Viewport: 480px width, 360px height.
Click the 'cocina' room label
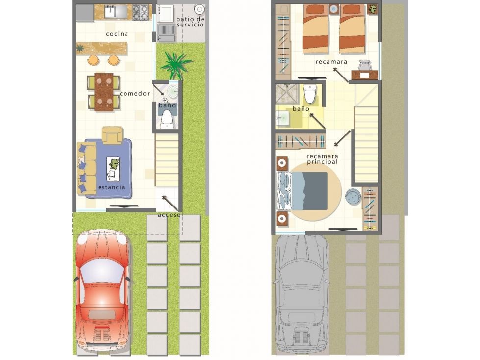tap(117, 34)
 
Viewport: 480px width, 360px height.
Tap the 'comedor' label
tap(135, 93)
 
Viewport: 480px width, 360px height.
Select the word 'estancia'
tap(111, 187)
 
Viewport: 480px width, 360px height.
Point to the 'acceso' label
tap(169, 215)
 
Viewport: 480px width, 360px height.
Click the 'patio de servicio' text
tap(190, 22)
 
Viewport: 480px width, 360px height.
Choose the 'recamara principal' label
tap(322, 159)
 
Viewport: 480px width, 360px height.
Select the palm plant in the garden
tap(176, 65)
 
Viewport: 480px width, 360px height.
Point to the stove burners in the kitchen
tap(141, 13)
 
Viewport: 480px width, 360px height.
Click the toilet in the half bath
tap(167, 119)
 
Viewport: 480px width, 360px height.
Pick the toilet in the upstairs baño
tap(310, 93)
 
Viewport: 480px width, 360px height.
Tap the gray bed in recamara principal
tap(302, 191)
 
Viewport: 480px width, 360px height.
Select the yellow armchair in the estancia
tap(113, 135)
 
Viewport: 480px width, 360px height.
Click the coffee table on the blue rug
tap(113, 169)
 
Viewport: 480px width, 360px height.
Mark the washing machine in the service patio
tap(166, 13)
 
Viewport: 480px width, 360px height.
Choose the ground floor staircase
tap(167, 160)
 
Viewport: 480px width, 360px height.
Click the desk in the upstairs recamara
tap(364, 75)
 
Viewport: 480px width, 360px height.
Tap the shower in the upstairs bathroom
tap(287, 94)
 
